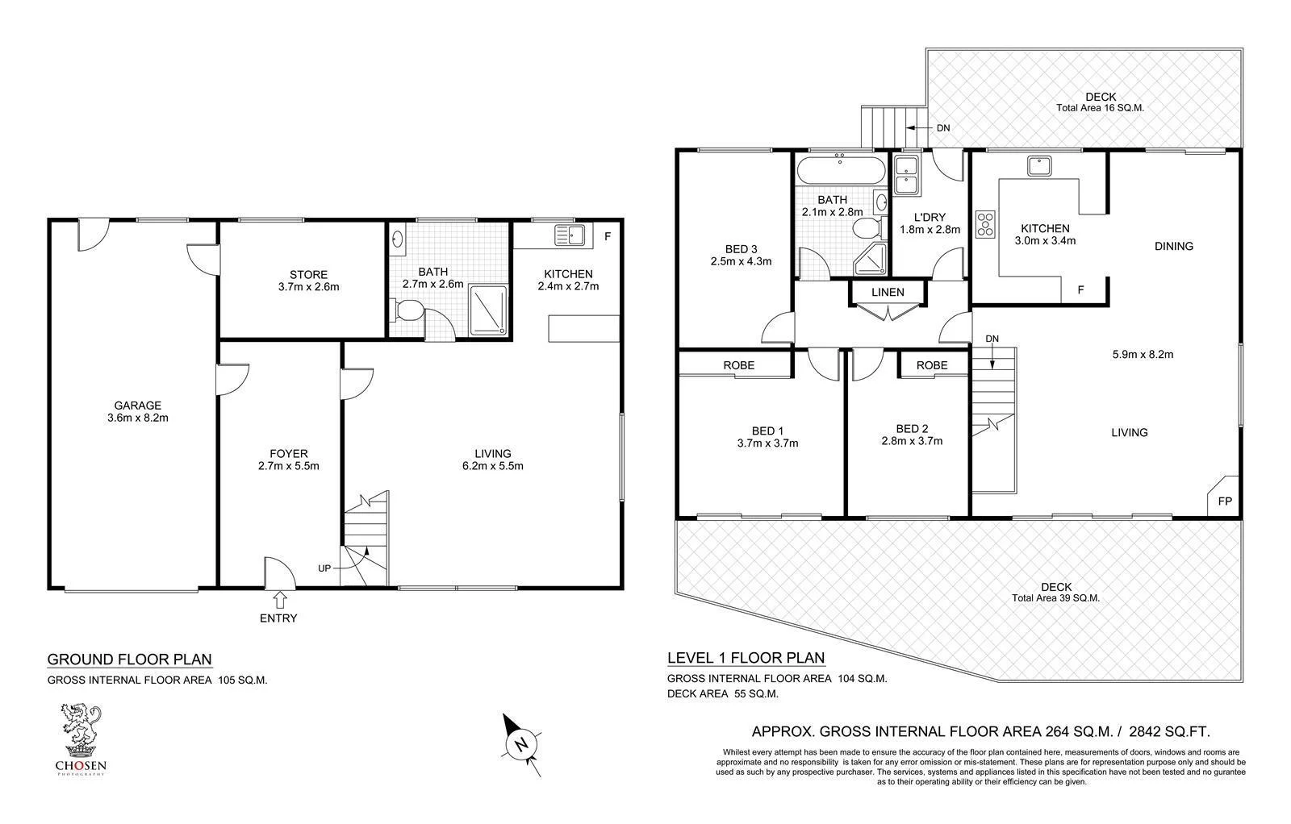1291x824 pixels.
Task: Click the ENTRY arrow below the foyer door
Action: point(280,599)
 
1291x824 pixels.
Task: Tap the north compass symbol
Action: point(521,743)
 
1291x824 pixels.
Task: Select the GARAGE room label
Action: point(137,406)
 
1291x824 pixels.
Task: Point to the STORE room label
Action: point(308,274)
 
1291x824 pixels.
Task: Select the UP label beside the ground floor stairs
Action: point(324,568)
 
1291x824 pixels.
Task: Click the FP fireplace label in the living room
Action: point(1225,501)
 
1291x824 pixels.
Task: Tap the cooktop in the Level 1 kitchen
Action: point(986,223)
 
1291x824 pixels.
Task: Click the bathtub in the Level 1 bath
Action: point(839,171)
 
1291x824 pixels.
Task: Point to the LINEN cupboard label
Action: point(888,292)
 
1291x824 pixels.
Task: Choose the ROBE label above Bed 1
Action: point(738,365)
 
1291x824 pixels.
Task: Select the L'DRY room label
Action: point(930,217)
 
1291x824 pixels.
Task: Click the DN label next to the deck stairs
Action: point(942,127)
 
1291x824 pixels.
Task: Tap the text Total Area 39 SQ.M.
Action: point(1055,598)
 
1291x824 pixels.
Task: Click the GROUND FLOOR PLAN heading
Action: point(130,659)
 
